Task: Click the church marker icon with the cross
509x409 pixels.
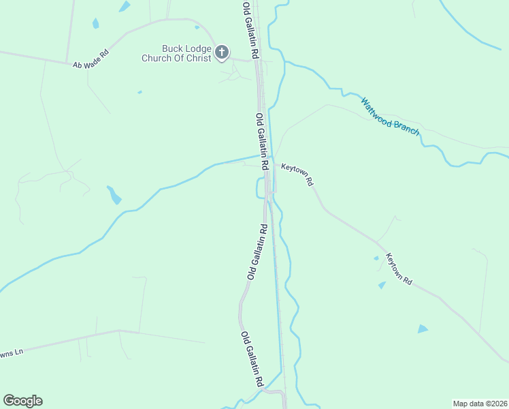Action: coord(222,52)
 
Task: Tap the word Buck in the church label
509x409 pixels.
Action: coord(173,48)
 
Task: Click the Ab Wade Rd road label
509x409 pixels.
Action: coord(91,59)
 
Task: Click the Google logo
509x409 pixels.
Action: coord(22,401)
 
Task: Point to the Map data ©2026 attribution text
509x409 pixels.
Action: coord(480,404)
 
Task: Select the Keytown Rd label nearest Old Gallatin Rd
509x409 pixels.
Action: coord(297,175)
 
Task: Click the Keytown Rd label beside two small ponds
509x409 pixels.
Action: coord(399,269)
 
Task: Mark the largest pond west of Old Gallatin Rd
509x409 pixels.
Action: coord(114,196)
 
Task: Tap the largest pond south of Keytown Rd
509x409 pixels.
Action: coord(423,329)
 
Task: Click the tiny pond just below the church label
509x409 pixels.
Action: coord(139,92)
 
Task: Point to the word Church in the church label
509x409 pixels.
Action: coord(157,58)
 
